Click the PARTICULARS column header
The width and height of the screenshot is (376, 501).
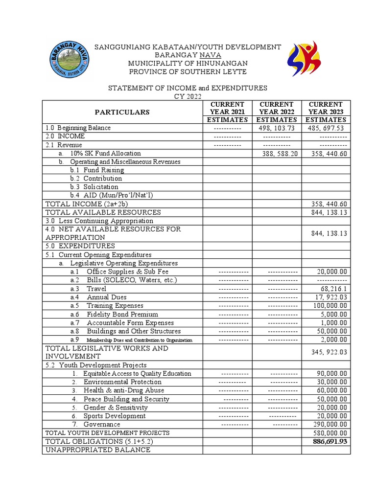click(x=122, y=112)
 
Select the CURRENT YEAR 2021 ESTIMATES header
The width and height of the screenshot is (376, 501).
click(x=227, y=112)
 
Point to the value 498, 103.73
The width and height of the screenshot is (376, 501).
click(x=277, y=128)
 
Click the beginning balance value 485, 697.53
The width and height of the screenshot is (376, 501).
click(x=327, y=128)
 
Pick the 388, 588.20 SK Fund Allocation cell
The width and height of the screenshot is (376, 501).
click(x=277, y=153)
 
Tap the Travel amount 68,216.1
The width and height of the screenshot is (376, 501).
click(x=332, y=289)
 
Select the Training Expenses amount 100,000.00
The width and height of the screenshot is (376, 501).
click(x=328, y=306)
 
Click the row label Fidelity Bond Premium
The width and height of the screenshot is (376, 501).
click(x=122, y=314)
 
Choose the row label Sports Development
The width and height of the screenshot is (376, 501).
click(x=115, y=416)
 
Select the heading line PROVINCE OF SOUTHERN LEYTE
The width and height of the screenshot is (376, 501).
click(x=188, y=72)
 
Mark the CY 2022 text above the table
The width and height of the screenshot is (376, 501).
click(x=188, y=96)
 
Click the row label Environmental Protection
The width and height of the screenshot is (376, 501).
click(x=122, y=382)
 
